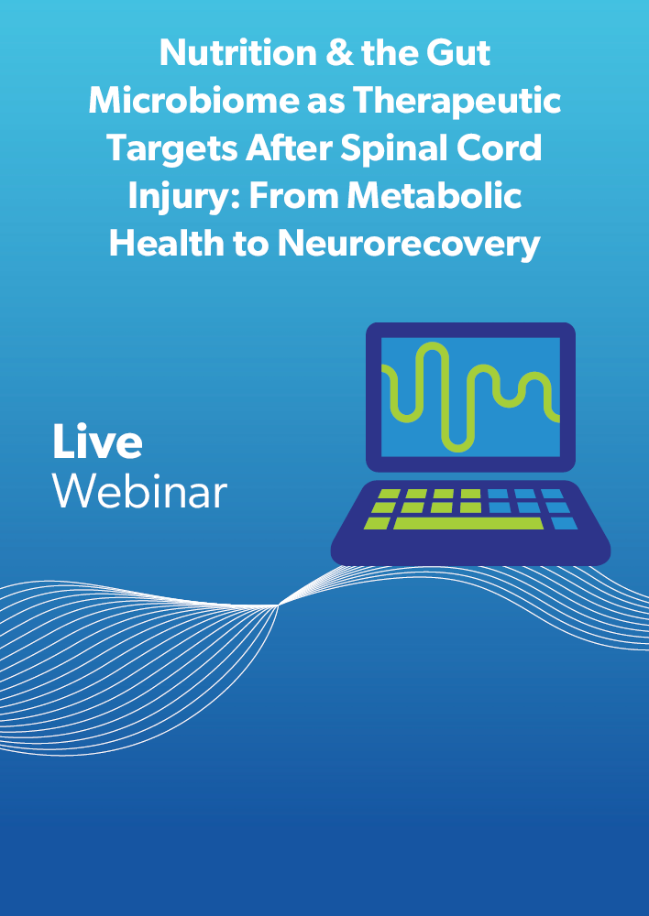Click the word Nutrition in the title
point(236,52)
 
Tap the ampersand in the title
point(338,52)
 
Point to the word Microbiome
point(192,101)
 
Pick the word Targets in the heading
point(172,150)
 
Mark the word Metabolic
point(434,196)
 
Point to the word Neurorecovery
point(409,245)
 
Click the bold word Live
point(98,442)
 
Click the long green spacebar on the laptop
point(468,523)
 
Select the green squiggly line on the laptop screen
point(470,398)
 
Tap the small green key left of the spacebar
point(377,523)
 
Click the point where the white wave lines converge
point(279,605)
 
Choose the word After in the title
point(289,148)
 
